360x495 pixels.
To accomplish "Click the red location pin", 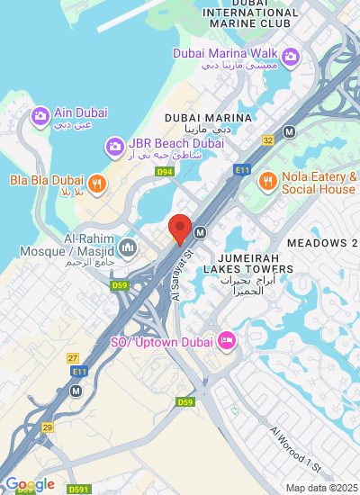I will pos(180,229).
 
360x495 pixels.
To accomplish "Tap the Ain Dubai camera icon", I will pos(40,116).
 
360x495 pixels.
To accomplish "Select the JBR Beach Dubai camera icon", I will pos(114,145).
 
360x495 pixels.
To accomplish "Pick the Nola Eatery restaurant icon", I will pos(267,181).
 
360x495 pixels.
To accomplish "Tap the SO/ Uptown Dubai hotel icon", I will pos(227,341).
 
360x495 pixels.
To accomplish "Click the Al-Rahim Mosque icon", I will pos(127,247).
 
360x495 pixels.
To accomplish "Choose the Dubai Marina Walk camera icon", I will pos(290,58).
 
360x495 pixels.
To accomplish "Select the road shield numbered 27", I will pos(74,357).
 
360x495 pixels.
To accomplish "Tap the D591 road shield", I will pos(78,489).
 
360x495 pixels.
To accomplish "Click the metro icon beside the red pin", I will pos(201,232).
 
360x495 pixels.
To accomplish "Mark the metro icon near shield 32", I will pos(289,131).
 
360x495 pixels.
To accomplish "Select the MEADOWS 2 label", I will pos(322,244).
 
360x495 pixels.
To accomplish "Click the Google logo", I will pos(30,484).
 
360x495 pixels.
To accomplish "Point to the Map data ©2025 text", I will pos(320,488).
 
